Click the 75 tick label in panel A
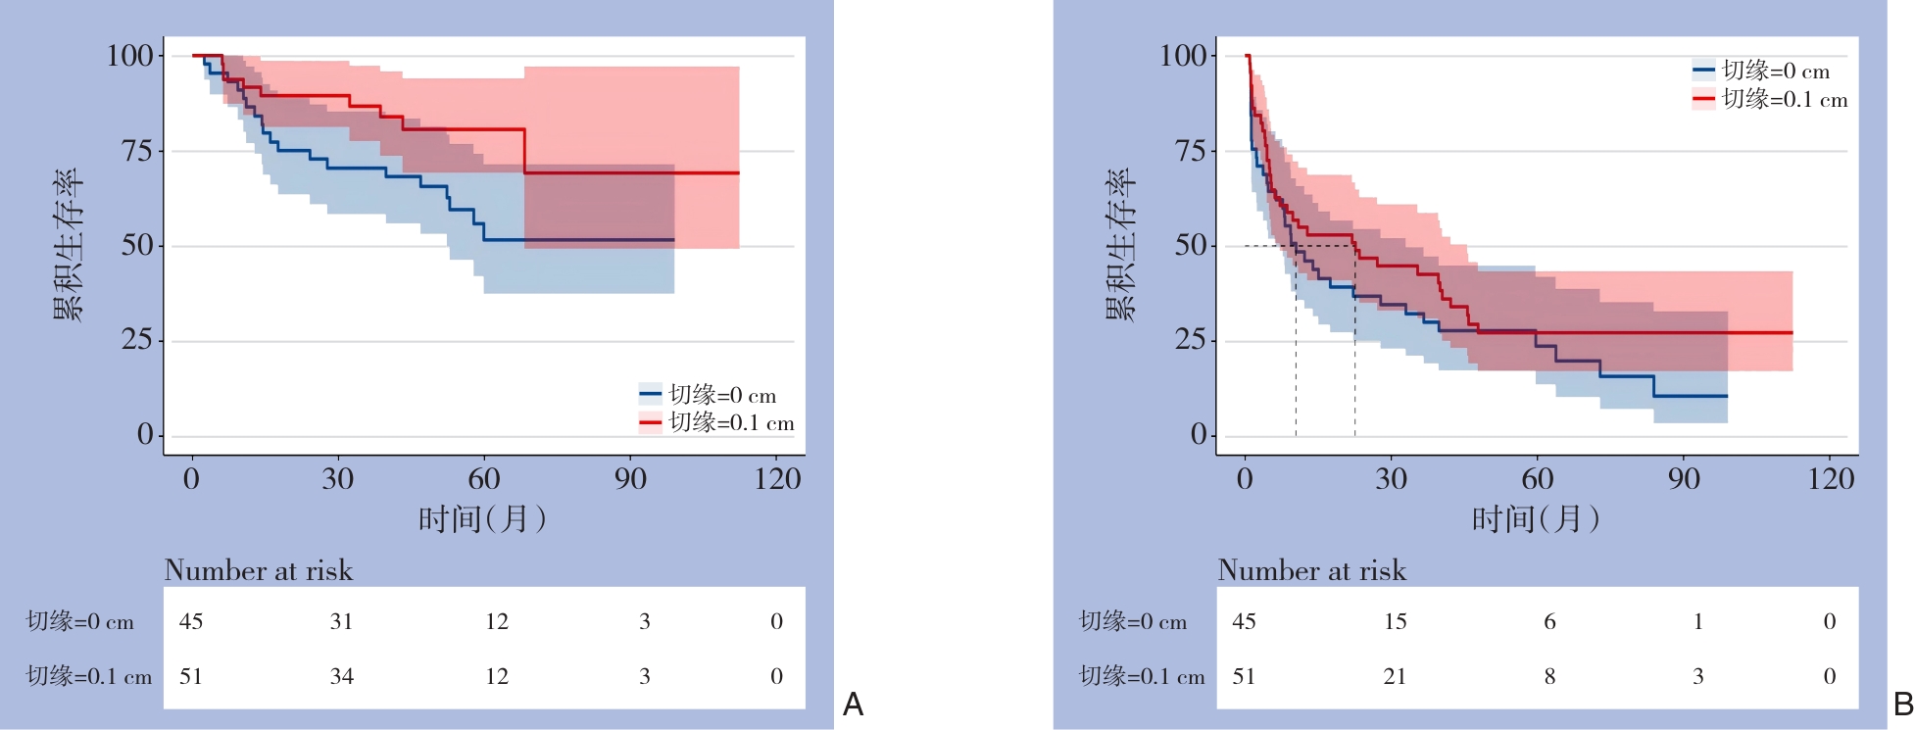137,151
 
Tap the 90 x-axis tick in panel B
1684,479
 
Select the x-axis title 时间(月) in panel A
482,518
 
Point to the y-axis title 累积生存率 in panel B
1120,245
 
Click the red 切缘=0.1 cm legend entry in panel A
716,423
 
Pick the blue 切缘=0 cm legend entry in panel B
1761,71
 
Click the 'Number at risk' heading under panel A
259,570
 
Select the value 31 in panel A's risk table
341,621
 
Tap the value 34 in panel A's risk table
341,676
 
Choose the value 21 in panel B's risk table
1395,676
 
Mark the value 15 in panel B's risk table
1395,621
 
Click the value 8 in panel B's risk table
1549,676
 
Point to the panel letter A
853,705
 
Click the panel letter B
1903,705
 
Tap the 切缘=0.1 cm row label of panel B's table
1142,676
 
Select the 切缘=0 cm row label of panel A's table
80,621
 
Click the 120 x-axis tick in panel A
777,479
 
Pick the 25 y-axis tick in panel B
1191,341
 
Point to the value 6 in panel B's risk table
1549,621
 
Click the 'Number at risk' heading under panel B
1312,570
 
